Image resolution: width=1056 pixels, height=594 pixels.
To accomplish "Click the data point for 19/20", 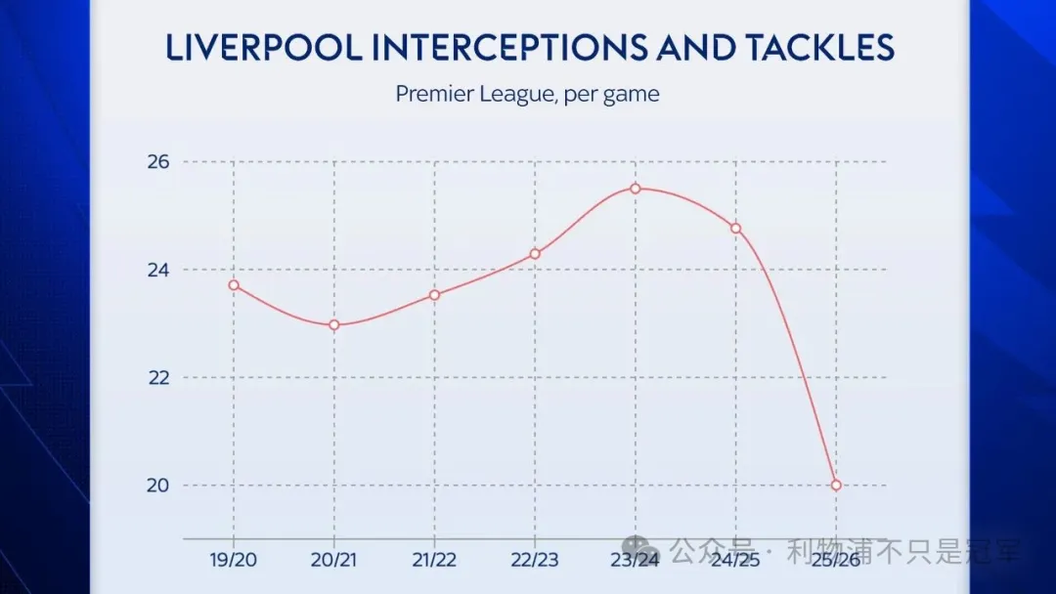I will click(234, 285).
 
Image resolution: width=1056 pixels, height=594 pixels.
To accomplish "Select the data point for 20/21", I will click(334, 325).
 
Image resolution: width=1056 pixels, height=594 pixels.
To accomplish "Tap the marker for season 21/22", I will click(435, 295).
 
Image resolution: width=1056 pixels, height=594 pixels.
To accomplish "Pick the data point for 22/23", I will click(535, 254).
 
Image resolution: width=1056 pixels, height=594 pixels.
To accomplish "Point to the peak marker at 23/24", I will click(636, 189).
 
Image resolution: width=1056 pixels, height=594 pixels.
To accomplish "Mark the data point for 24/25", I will click(735, 229).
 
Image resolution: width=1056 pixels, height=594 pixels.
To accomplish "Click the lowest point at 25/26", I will click(836, 486).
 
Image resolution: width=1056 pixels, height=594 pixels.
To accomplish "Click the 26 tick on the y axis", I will click(158, 162).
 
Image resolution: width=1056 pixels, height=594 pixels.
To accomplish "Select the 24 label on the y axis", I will click(158, 270).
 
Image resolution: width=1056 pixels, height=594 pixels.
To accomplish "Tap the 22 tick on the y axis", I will click(158, 378).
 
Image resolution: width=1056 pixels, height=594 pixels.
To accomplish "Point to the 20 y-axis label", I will click(158, 486).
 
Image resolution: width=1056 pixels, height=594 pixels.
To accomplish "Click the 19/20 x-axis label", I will click(234, 561).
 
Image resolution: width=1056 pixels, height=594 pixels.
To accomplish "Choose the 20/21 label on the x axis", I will click(334, 561).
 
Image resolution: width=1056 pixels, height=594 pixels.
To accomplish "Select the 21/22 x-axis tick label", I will click(435, 561).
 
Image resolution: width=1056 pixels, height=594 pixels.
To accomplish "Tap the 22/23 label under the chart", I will click(535, 561).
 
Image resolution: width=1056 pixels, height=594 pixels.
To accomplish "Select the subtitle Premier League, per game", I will click(528, 95).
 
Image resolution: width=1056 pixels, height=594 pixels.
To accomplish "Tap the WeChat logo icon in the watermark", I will click(637, 549).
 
